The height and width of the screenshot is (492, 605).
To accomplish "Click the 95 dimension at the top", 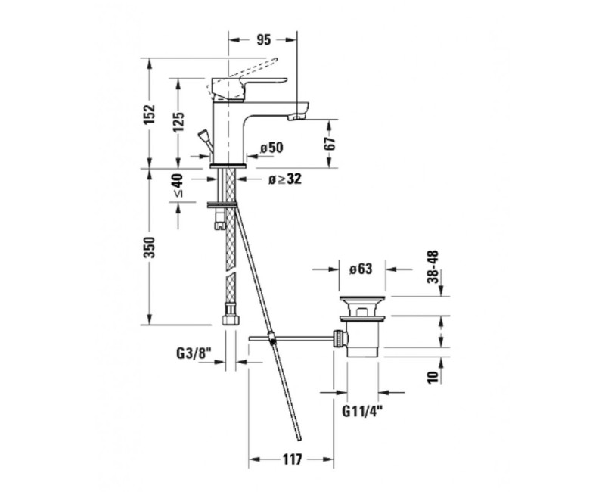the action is coord(264,40).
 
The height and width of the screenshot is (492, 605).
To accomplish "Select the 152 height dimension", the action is coord(149,114).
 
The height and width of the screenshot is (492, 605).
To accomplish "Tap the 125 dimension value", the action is coord(178,122).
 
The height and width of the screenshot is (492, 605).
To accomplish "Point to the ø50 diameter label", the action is coord(271,148).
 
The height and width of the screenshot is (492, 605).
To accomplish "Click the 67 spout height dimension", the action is coord(330,144).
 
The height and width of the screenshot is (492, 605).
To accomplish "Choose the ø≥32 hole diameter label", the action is coord(285,179).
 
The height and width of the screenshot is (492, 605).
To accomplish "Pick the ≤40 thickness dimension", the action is coord(178,185).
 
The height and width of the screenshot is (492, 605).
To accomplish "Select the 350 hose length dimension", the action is coord(149,248).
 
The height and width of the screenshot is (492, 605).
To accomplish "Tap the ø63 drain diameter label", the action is coord(361,269).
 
